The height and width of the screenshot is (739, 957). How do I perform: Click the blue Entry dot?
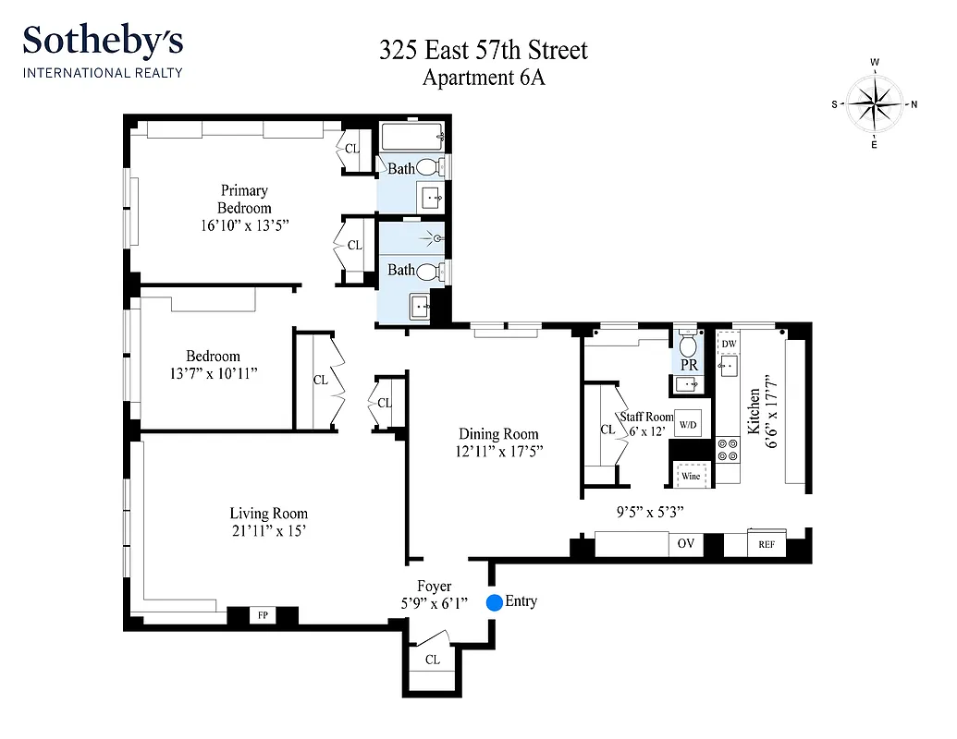point(494,602)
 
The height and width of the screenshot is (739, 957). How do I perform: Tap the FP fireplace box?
point(262,614)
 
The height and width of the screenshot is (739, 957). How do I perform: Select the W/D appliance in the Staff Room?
point(688,425)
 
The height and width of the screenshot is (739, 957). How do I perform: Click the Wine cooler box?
point(691,477)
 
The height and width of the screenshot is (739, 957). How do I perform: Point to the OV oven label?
point(685,544)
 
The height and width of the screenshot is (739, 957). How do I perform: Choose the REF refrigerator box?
point(767,545)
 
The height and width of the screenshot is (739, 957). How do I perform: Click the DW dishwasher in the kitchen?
point(729,344)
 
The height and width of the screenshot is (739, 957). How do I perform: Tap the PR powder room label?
point(689,365)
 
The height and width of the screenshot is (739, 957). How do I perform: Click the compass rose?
point(874,103)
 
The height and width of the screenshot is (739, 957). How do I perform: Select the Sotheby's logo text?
point(103,42)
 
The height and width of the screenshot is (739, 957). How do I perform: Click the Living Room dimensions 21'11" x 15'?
point(268,531)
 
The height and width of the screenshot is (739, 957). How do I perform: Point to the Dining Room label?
point(498,433)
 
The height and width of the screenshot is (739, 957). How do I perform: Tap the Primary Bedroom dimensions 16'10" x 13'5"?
point(243,225)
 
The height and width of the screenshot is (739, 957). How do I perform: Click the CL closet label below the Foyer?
point(433,660)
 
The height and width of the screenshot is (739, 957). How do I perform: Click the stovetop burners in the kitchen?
point(729,449)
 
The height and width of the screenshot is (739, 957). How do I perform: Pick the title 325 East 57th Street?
point(483,50)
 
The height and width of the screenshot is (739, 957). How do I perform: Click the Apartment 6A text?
point(483,78)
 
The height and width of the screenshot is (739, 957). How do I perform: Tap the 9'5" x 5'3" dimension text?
point(637,509)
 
